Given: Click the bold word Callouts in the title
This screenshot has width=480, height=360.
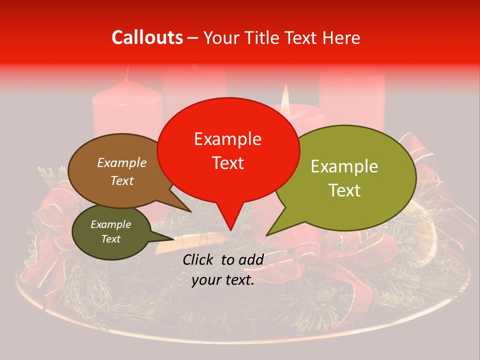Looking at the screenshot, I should [147, 37].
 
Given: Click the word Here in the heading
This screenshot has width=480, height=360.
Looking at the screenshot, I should [341, 38].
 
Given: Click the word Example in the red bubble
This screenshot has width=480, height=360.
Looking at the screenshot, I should [227, 139].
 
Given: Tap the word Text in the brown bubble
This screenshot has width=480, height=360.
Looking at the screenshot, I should [122, 181].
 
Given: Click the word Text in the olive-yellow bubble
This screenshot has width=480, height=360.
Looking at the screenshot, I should [345, 190].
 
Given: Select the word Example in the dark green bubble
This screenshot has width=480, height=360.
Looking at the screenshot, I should [110, 224].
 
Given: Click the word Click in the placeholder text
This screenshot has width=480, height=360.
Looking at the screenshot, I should [199, 259].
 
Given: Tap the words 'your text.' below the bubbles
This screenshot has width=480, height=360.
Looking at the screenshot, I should [223, 280].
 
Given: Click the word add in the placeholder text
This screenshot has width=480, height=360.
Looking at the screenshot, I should [251, 259].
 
